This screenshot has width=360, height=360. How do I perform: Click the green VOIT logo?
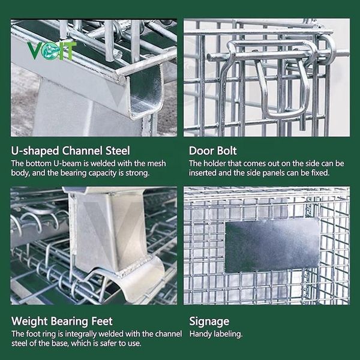52,51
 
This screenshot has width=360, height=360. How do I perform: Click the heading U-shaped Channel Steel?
70,151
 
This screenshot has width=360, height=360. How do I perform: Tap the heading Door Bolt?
212,151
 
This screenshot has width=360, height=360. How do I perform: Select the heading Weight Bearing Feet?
62,321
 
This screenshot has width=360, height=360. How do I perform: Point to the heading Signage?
209,322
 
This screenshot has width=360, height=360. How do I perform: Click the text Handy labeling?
216,334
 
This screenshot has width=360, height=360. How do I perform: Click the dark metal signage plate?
272,245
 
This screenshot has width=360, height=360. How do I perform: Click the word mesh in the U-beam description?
157,163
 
